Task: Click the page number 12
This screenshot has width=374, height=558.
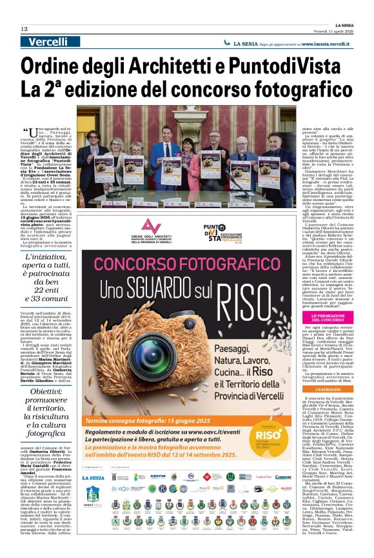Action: click(x=24, y=28)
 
